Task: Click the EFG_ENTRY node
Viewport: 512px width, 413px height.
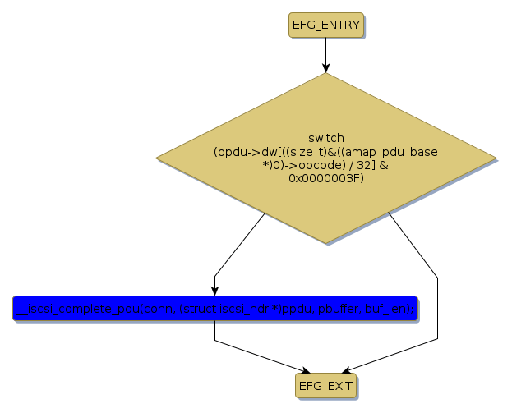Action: pyautogui.click(x=325, y=25)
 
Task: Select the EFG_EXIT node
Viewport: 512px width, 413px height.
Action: pyautogui.click(x=325, y=385)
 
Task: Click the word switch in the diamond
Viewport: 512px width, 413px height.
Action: pyautogui.click(x=326, y=138)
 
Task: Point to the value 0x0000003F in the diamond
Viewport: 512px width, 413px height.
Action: pyautogui.click(x=326, y=178)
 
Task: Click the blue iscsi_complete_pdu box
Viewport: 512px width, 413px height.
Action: pyautogui.click(x=215, y=308)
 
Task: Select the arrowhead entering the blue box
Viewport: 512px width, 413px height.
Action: pyautogui.click(x=215, y=289)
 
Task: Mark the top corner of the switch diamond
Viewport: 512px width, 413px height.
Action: pyautogui.click(x=325, y=73)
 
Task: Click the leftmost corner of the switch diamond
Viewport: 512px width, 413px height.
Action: pyautogui.click(x=156, y=157)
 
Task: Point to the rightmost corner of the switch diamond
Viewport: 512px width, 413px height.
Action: pyautogui.click(x=496, y=157)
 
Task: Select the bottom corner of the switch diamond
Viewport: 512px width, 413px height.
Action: pyautogui.click(x=325, y=243)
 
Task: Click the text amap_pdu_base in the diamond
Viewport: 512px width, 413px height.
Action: pyautogui.click(x=399, y=152)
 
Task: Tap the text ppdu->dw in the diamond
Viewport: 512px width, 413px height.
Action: pyautogui.click(x=242, y=152)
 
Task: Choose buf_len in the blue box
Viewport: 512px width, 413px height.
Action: pyautogui.click(x=390, y=309)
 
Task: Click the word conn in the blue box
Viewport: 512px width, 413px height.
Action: pyautogui.click(x=161, y=309)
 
